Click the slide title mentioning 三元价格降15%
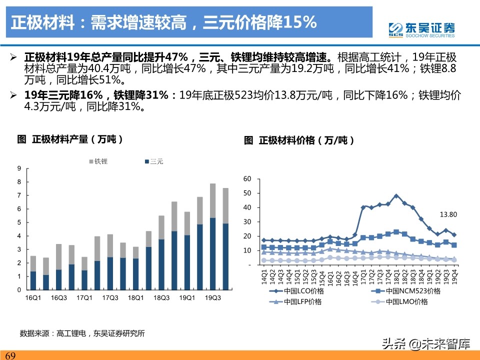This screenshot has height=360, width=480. (x=165, y=22)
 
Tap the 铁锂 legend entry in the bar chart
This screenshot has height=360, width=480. (x=98, y=161)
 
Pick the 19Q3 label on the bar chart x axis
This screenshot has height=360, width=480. (x=213, y=298)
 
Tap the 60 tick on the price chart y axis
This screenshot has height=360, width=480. (x=247, y=178)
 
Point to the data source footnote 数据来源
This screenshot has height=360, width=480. (x=82, y=333)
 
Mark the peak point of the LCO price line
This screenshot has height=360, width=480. (x=396, y=196)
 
